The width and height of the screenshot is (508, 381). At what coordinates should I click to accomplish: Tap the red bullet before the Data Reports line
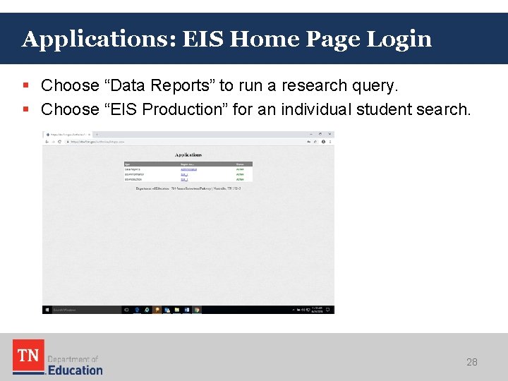tap(25, 85)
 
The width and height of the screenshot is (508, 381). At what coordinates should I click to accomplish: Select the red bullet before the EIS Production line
tap(25, 109)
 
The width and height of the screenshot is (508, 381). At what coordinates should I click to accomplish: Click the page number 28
tap(472, 362)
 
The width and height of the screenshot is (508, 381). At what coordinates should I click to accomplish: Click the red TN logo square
tap(28, 356)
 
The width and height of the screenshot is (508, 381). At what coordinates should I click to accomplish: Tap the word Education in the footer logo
tap(75, 369)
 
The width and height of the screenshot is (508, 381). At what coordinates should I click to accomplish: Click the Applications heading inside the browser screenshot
tap(188, 155)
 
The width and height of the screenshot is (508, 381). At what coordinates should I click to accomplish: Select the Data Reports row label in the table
tap(133, 169)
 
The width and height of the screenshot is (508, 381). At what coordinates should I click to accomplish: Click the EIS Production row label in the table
tap(134, 180)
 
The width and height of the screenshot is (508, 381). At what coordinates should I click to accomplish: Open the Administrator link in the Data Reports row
tap(189, 169)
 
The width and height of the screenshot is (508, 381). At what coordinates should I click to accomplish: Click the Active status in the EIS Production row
tap(240, 180)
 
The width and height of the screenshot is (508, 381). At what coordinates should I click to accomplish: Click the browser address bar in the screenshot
tap(176, 141)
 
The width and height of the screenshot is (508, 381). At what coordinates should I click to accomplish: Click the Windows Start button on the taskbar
tap(47, 309)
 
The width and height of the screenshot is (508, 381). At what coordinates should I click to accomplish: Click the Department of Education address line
tap(188, 188)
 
